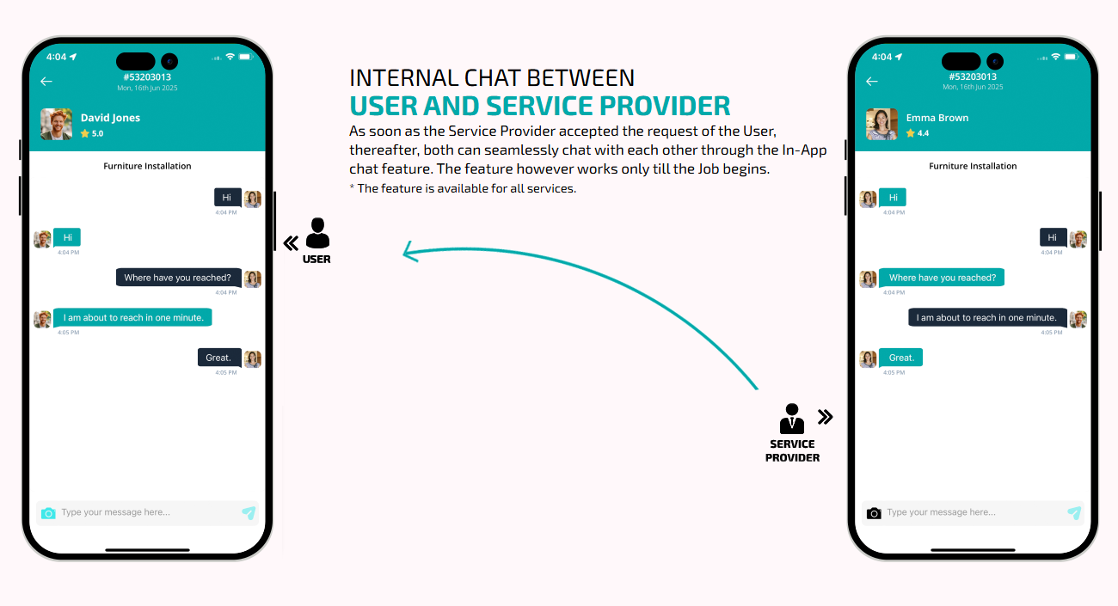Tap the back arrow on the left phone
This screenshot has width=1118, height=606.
point(46,82)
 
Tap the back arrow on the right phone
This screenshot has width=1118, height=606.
point(872,82)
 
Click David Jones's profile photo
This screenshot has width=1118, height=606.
point(57,124)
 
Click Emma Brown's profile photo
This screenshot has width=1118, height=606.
point(881,124)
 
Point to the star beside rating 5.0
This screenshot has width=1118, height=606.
point(85,133)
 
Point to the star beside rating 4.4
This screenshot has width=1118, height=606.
point(911,133)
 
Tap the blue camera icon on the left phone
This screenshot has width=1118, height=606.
point(48,513)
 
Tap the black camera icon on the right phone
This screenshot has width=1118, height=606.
point(874,513)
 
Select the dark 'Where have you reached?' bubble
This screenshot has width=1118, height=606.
point(179,278)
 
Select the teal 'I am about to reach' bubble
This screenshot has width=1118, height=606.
point(132,317)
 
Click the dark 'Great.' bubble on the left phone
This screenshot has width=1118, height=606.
point(219,357)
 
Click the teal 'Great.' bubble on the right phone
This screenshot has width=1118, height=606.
point(901,357)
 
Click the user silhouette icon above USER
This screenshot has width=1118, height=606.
point(317,233)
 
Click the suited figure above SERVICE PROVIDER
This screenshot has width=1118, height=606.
point(792,419)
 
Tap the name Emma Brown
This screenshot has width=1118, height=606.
point(937,118)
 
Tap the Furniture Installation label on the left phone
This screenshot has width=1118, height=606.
point(147,166)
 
